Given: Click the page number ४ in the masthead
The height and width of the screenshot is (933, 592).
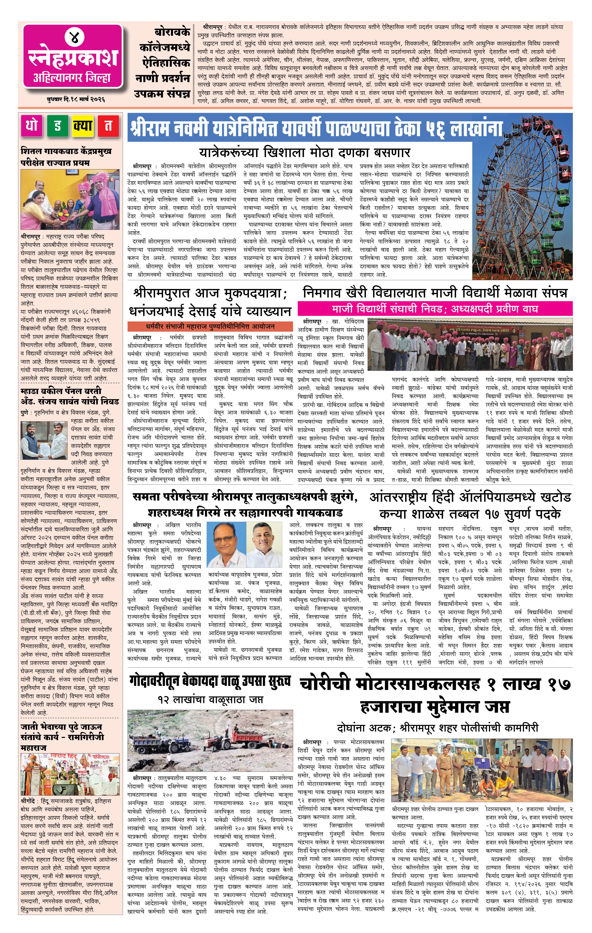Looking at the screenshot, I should [73, 38].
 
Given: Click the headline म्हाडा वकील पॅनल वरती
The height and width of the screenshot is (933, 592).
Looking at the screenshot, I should [61, 391].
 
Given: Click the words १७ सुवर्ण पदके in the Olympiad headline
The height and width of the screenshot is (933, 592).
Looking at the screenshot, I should [522, 514].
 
